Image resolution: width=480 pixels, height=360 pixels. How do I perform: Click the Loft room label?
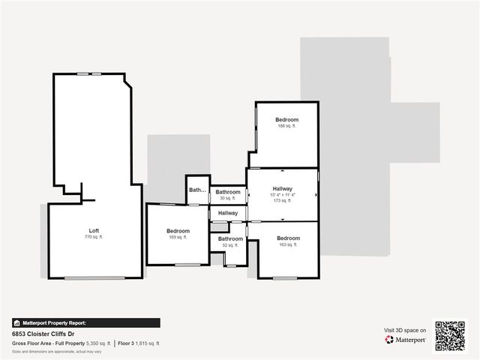[94, 230]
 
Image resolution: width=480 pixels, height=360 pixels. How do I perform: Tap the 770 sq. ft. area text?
[94, 237]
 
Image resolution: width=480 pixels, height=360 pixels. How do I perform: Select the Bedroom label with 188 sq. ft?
[286, 120]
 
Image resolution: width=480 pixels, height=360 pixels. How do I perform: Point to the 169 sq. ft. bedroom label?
[178, 231]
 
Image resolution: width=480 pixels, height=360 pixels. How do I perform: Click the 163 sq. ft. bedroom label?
[288, 238]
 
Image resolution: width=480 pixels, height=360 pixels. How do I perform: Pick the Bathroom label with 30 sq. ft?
[228, 193]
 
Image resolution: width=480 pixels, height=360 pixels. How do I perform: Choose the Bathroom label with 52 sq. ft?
[227, 238]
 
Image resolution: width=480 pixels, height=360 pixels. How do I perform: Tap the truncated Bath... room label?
[197, 190]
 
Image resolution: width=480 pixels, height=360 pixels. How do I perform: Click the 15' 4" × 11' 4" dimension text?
[283, 195]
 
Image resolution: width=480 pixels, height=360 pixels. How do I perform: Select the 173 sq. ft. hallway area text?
[283, 201]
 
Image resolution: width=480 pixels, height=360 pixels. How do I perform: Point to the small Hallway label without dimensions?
[228, 214]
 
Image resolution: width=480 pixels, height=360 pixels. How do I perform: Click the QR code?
[451, 335]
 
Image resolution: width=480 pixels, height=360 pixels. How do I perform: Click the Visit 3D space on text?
[405, 330]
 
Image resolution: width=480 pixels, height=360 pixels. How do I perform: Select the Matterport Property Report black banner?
[86, 323]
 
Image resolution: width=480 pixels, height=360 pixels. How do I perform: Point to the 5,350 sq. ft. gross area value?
[99, 343]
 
